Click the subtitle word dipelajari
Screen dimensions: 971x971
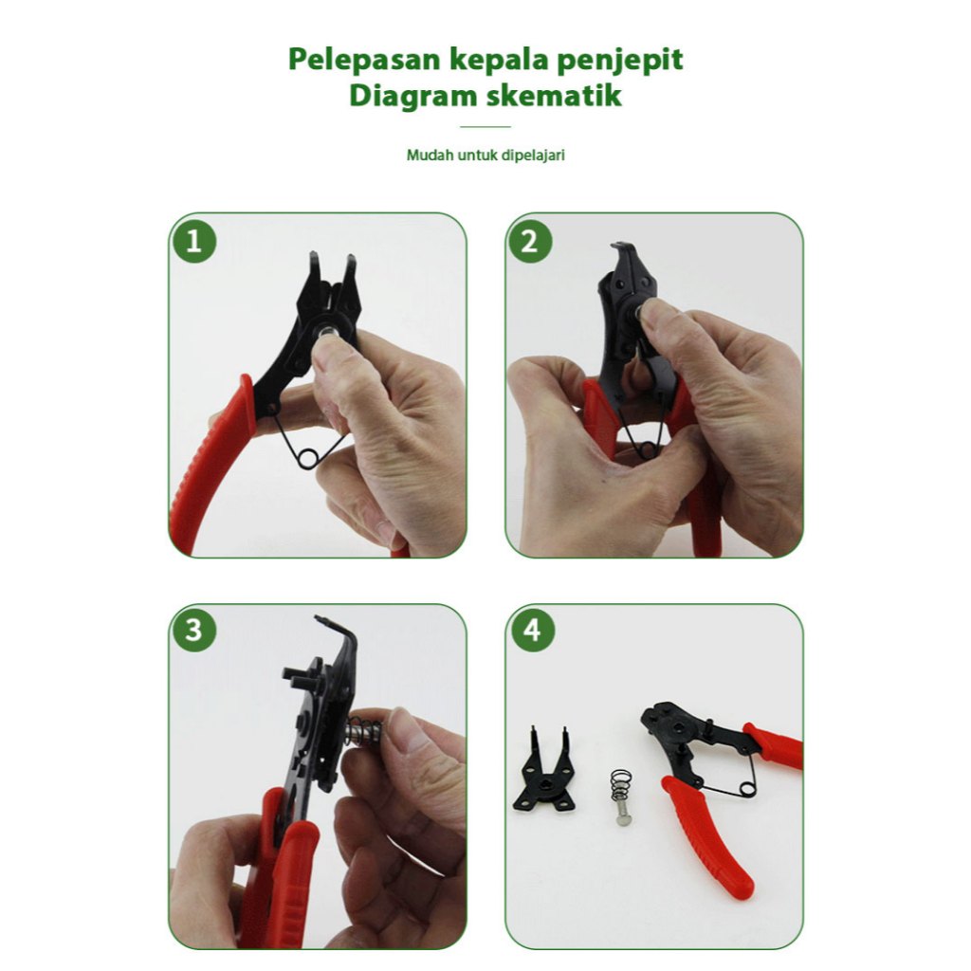coord(533,156)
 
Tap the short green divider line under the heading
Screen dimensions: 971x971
coord(485,127)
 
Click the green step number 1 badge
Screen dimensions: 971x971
coord(194,241)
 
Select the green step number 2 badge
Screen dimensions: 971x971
coord(530,241)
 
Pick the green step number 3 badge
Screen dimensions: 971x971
coord(194,631)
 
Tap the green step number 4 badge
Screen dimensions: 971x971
coord(531,631)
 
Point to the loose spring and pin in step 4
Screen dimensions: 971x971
coord(622,797)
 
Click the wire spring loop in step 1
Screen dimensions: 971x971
coord(307,458)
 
